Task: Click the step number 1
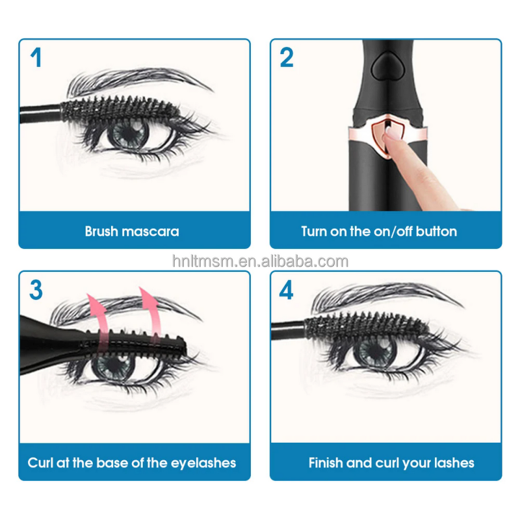pos(36,57)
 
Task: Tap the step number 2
pos(287,57)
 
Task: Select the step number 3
pos(36,289)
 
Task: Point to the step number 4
pos(287,289)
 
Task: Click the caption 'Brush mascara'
pos(132,231)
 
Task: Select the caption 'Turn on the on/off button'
pos(379,231)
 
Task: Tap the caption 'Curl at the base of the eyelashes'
pos(132,463)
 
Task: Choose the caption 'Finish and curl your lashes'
pos(391,463)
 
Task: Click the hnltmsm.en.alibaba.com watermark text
pos(260,261)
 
